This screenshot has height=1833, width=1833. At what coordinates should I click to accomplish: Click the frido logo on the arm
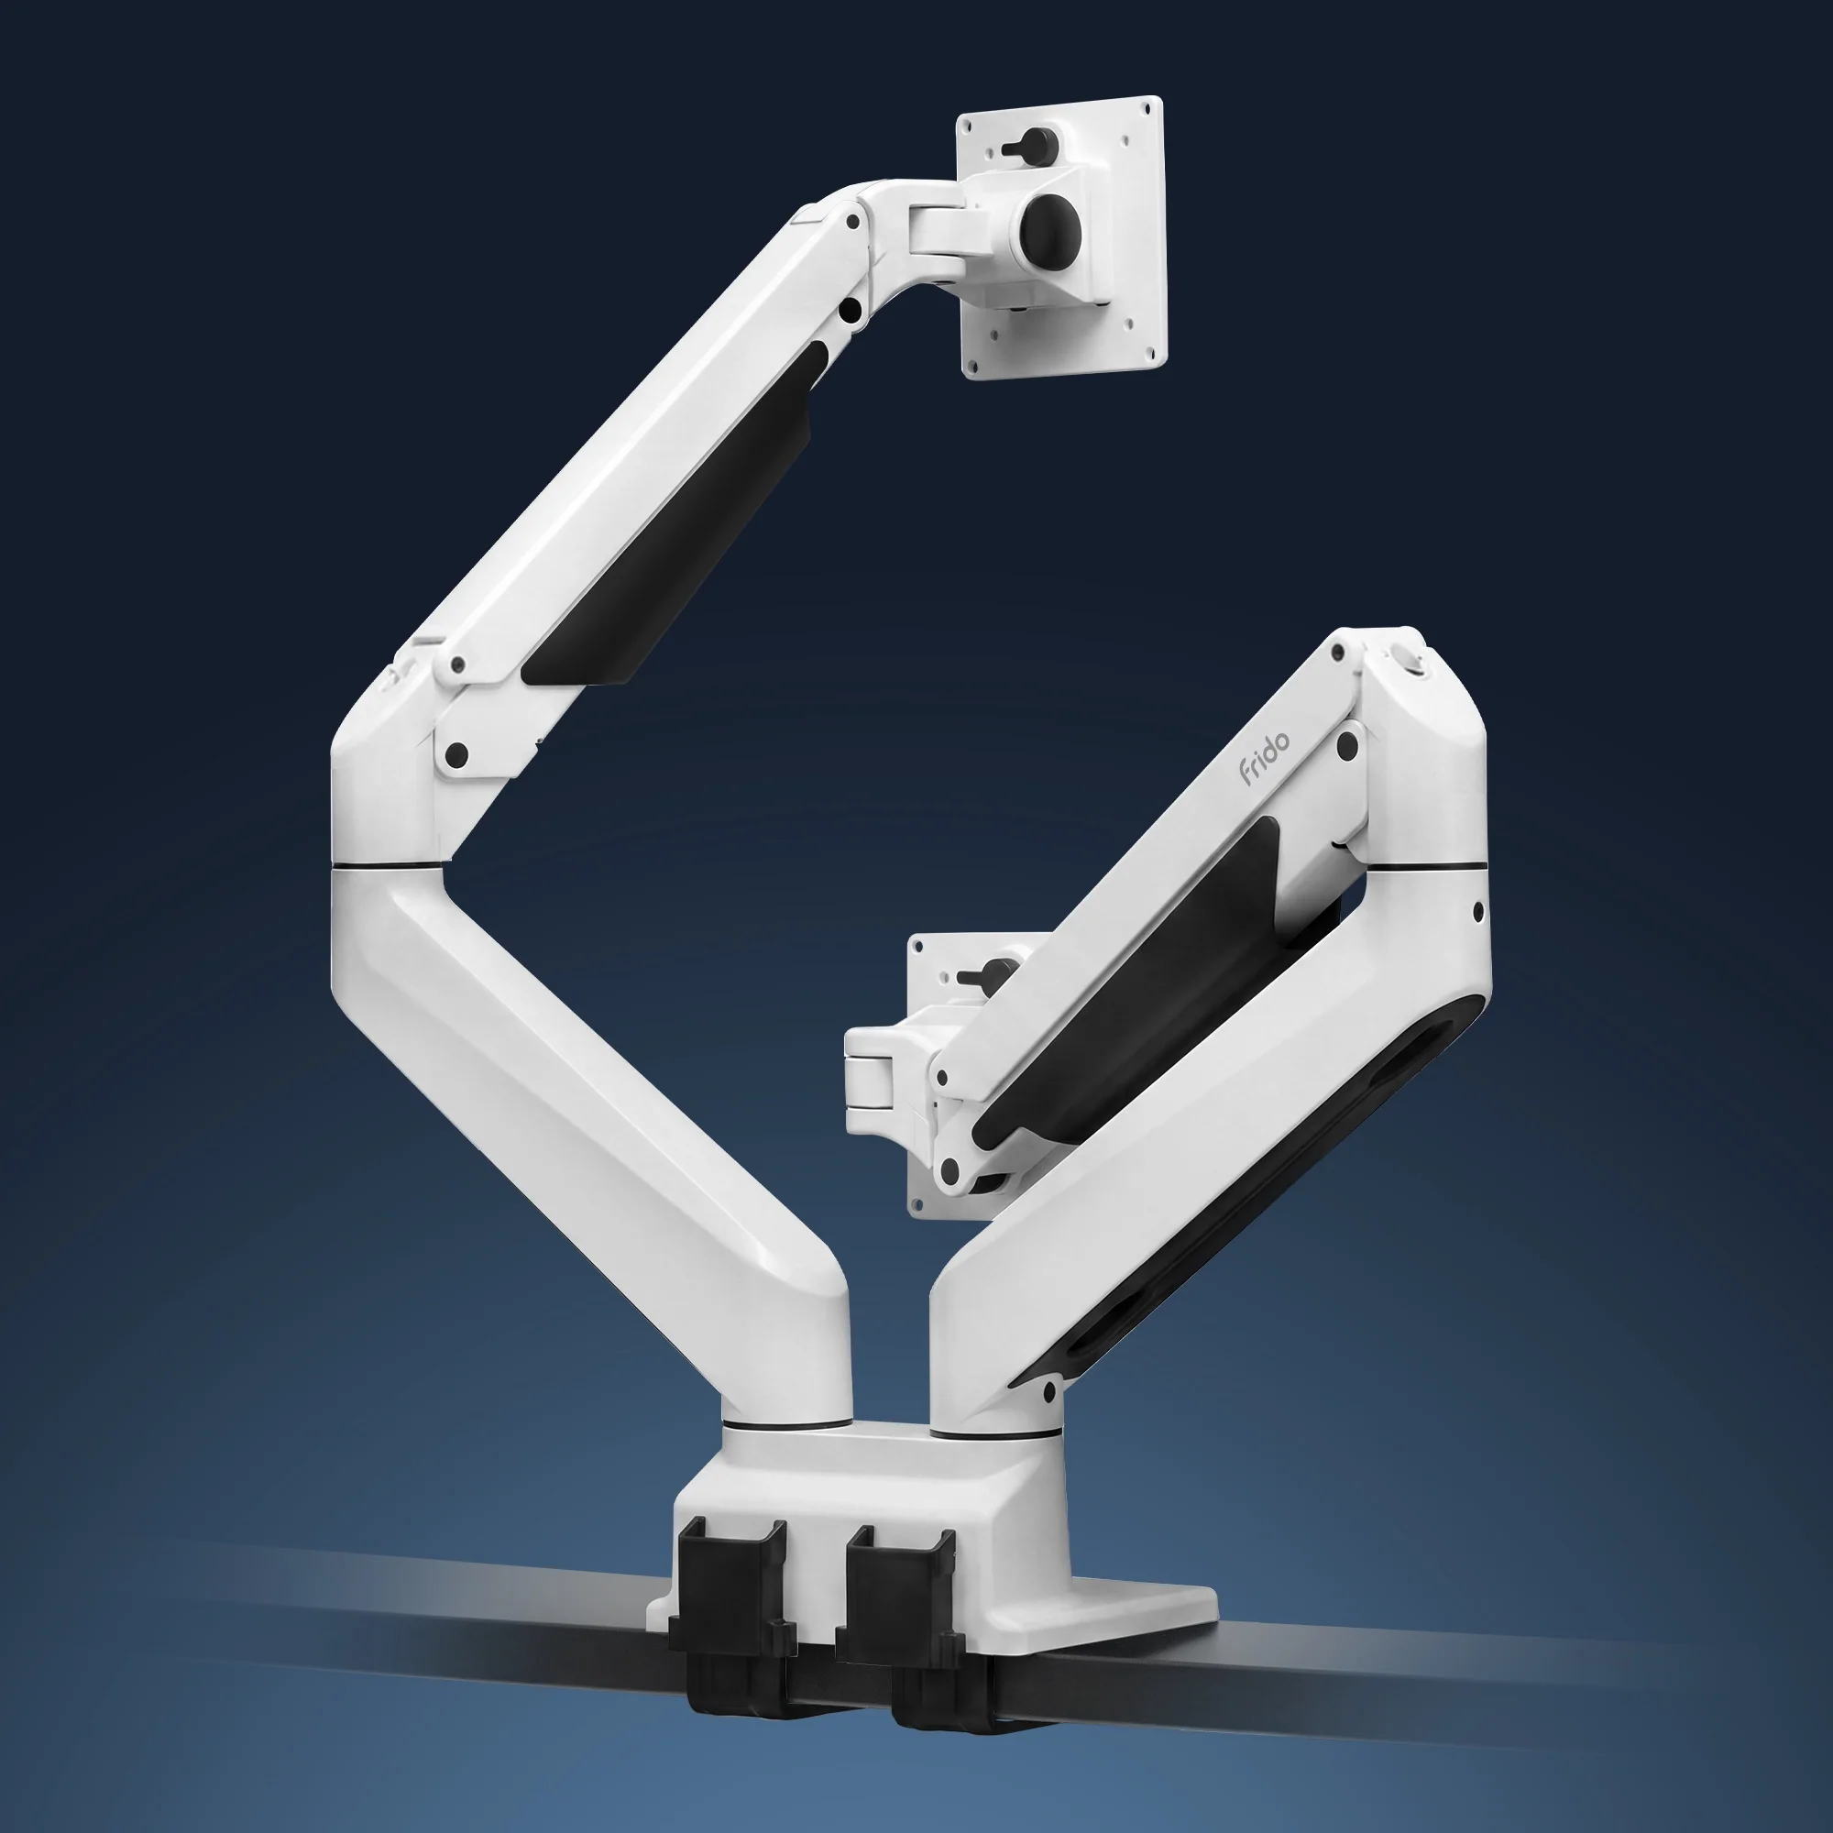coord(1264,759)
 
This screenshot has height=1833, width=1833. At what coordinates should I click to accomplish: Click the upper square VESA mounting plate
coord(1062,237)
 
